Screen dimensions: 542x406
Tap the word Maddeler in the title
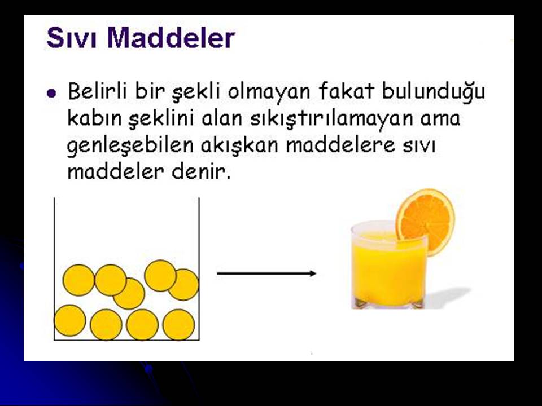click(171, 37)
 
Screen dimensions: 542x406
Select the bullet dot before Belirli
click(51, 93)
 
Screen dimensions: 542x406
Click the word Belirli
click(97, 91)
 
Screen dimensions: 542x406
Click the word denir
click(201, 171)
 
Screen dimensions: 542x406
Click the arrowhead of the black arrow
click(313, 273)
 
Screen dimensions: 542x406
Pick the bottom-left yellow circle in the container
click(70, 320)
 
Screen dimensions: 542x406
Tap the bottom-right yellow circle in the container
click(179, 325)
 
